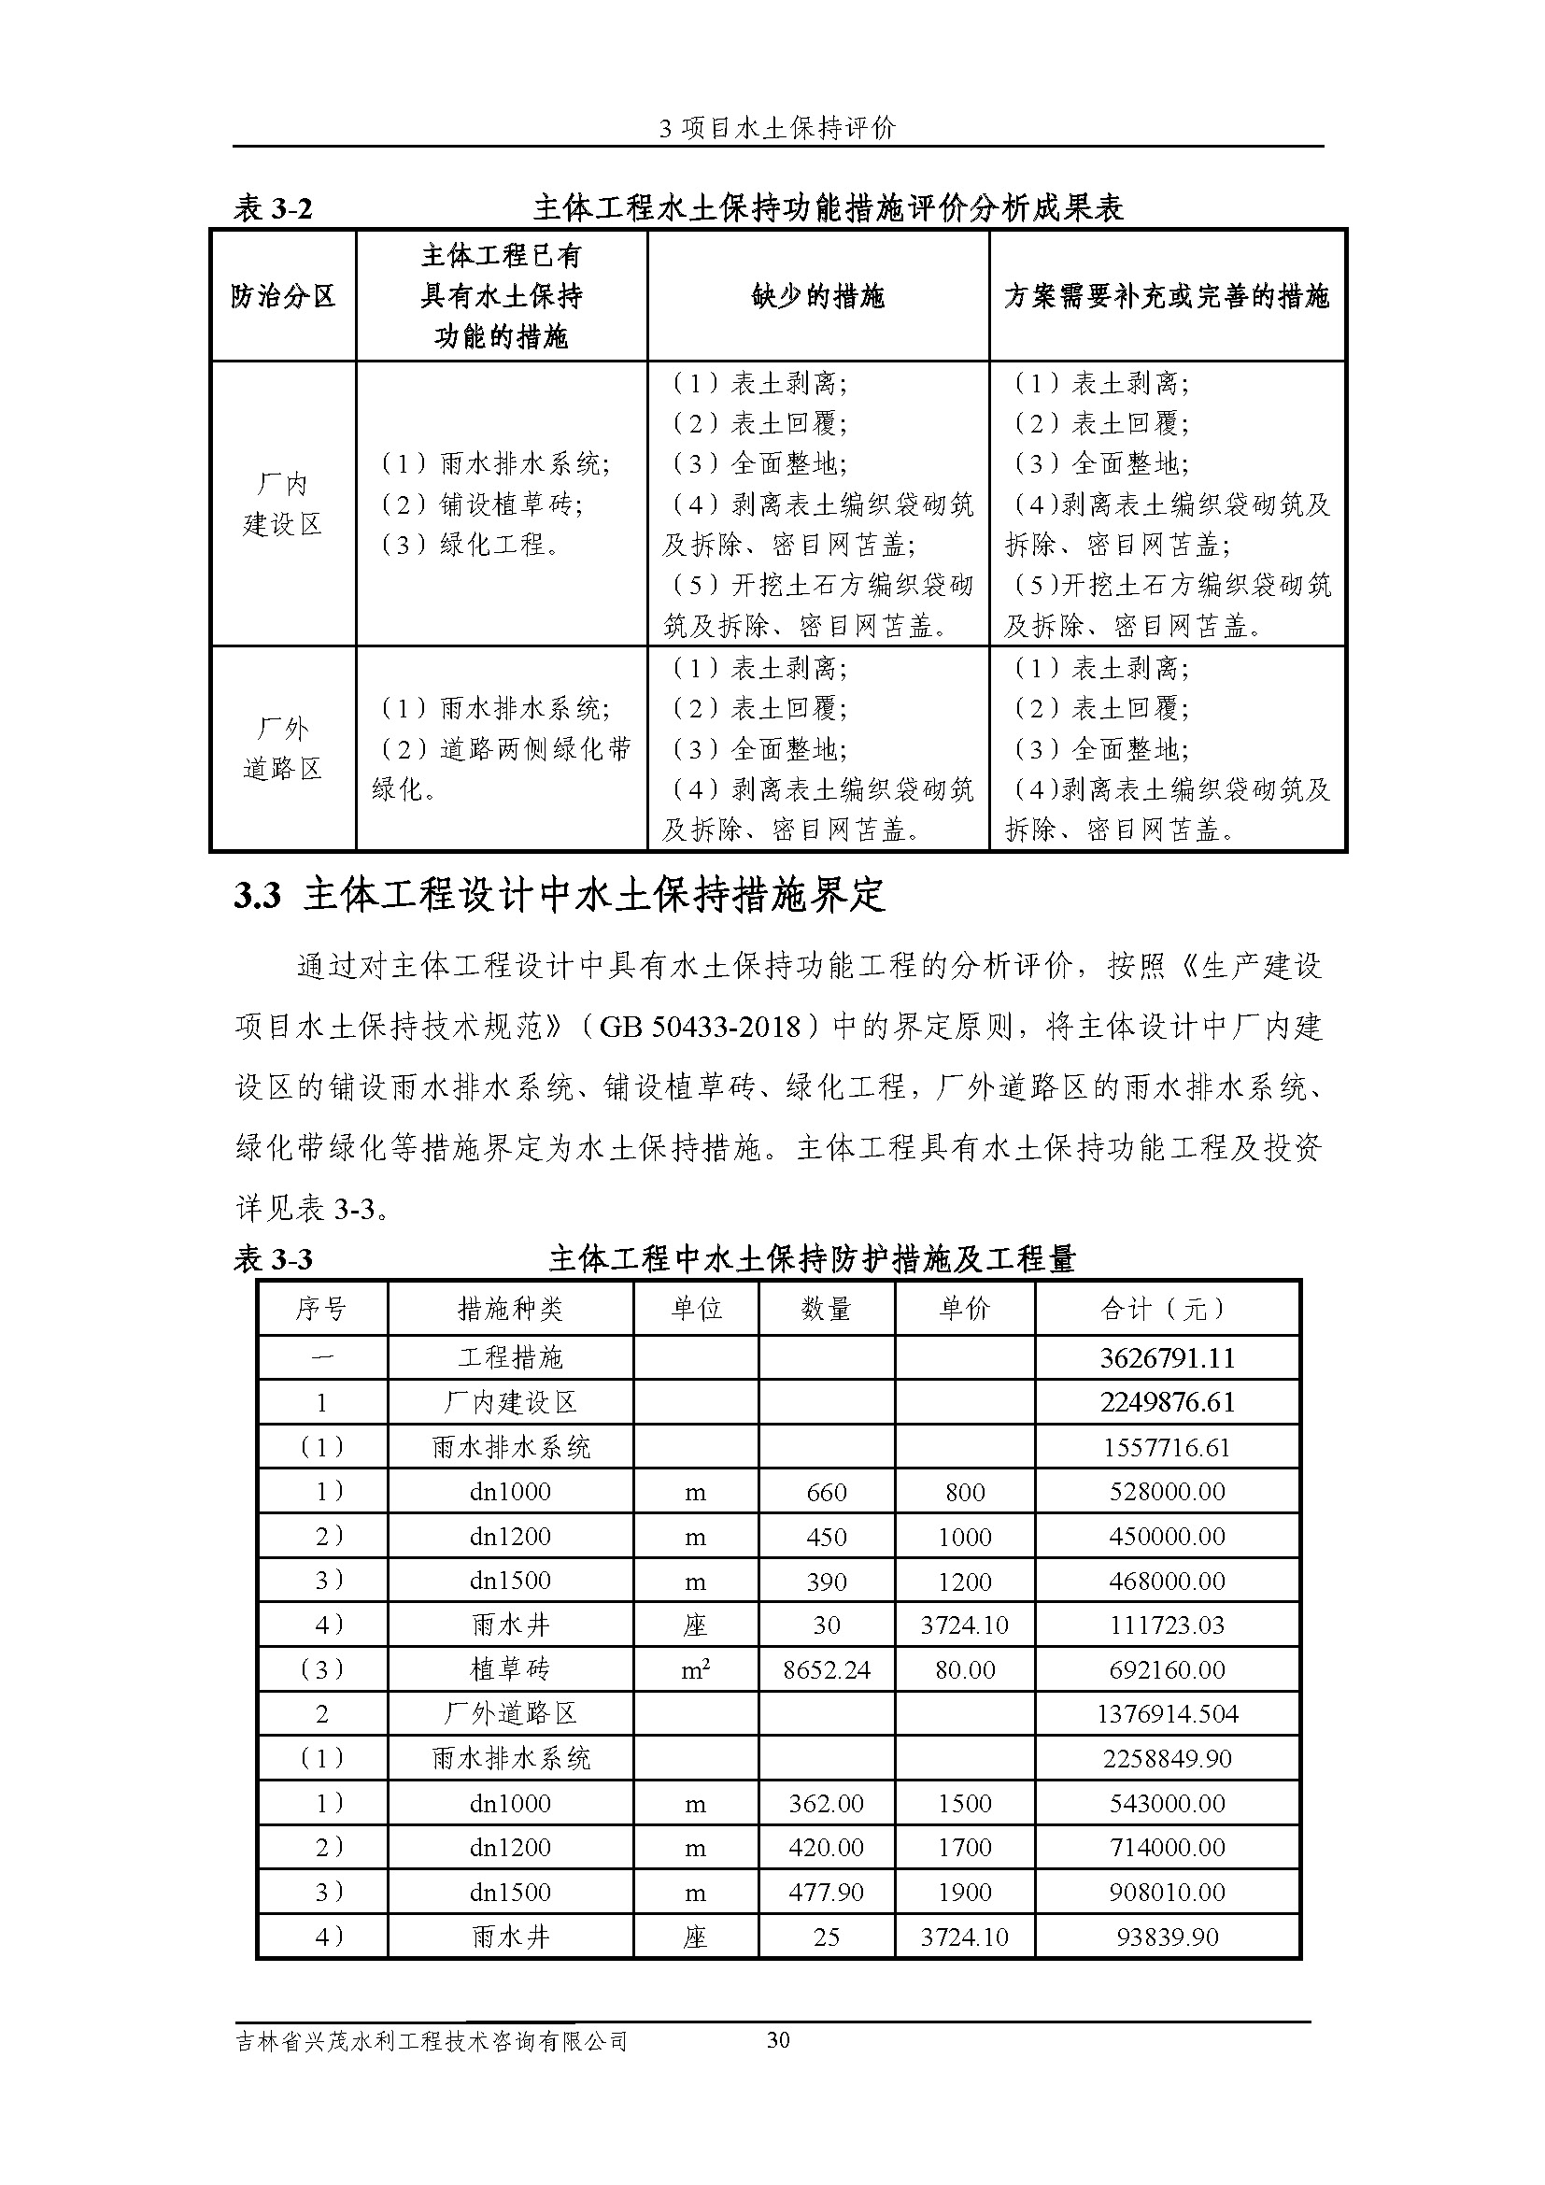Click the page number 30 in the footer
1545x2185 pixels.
point(777,2039)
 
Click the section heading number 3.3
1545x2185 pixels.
point(258,897)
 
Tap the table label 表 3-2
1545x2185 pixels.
point(273,207)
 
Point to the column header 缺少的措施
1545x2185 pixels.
point(817,296)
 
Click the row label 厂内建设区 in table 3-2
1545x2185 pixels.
point(282,504)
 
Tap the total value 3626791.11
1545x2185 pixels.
point(1167,1357)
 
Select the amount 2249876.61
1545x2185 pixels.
point(1167,1402)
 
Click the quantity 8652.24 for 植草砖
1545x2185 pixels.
point(826,1669)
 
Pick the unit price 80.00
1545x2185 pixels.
point(965,1669)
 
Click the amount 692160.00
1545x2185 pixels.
point(1167,1669)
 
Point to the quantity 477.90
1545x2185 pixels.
point(826,1892)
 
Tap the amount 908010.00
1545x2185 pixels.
point(1167,1892)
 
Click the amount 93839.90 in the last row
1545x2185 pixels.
point(1167,1937)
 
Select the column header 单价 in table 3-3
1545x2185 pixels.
point(965,1309)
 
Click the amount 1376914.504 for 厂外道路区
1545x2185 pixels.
point(1167,1714)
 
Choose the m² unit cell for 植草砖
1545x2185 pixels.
point(696,1669)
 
